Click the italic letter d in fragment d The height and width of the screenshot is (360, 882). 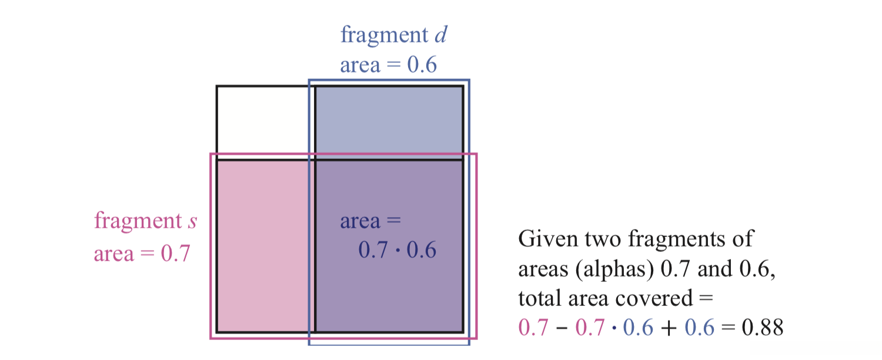point(440,35)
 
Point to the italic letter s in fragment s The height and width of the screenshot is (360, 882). point(192,222)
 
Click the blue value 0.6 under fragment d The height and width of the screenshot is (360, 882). point(422,65)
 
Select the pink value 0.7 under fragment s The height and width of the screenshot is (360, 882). point(176,254)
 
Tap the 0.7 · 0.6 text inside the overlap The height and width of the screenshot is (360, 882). point(397,251)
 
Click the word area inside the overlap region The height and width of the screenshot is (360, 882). point(360,222)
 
